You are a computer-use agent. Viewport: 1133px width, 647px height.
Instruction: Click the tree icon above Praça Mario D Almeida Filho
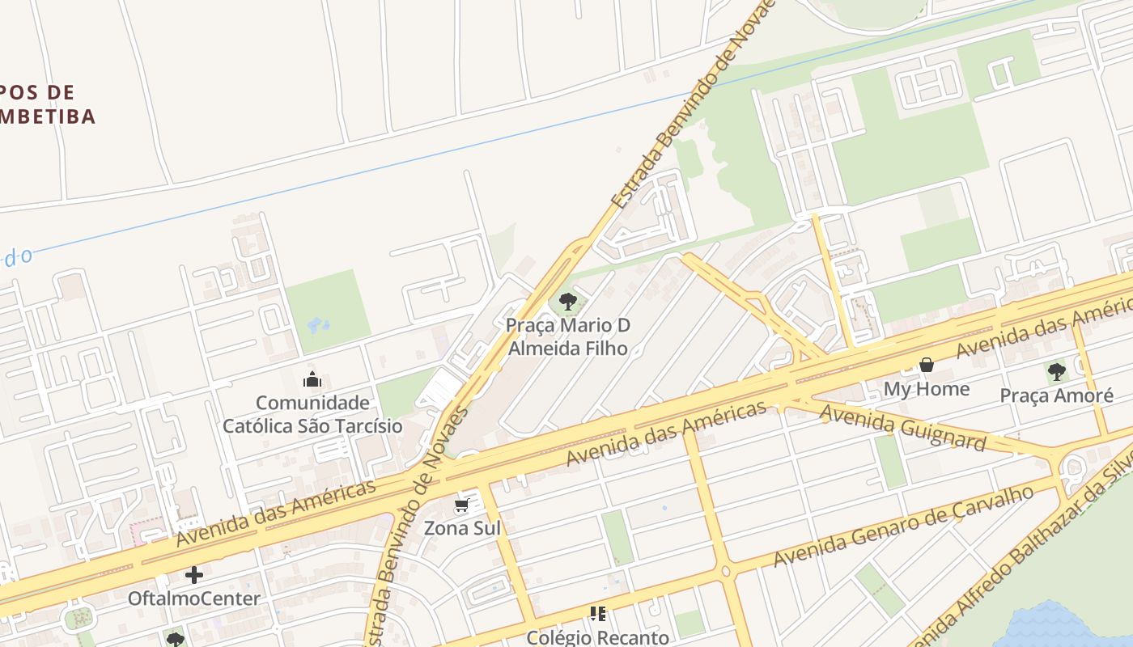tap(568, 302)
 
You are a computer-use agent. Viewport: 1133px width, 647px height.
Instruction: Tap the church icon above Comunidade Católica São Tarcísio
tap(312, 378)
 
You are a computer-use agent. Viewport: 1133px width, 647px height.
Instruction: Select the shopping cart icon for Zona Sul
tap(461, 505)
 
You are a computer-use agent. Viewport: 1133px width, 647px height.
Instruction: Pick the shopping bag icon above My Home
tap(927, 366)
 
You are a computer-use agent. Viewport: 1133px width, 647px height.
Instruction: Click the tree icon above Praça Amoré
tap(1056, 372)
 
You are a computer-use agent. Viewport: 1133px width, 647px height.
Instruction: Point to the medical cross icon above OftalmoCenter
tap(194, 575)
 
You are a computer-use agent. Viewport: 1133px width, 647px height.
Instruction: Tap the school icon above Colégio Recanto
tap(598, 614)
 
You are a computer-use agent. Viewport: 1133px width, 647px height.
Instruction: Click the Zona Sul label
tap(463, 528)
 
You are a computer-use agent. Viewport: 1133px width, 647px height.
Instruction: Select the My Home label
tap(926, 389)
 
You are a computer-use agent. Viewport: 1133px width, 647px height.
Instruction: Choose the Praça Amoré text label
tap(1056, 395)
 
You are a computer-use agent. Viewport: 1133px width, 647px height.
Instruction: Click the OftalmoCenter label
tap(194, 598)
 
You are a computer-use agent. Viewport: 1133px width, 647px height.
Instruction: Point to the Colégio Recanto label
tap(598, 637)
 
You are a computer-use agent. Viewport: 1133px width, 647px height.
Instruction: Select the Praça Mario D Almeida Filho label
tap(568, 337)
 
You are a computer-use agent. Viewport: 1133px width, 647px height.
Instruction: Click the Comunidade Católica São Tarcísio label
tap(312, 414)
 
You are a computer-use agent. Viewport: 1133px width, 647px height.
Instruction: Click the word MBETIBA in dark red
tap(49, 116)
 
